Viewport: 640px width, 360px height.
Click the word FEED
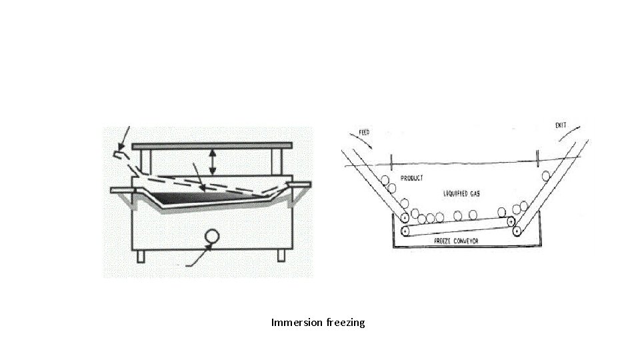coord(364,132)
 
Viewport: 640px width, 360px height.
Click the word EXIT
coord(561,125)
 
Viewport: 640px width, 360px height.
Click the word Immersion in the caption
coord(297,323)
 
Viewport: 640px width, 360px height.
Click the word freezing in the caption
coord(346,323)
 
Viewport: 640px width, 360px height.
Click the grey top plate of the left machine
coord(213,145)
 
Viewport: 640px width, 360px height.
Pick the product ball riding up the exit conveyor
coord(545,176)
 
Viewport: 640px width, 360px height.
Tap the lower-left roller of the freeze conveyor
coord(405,231)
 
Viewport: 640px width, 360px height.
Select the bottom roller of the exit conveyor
coord(517,230)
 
